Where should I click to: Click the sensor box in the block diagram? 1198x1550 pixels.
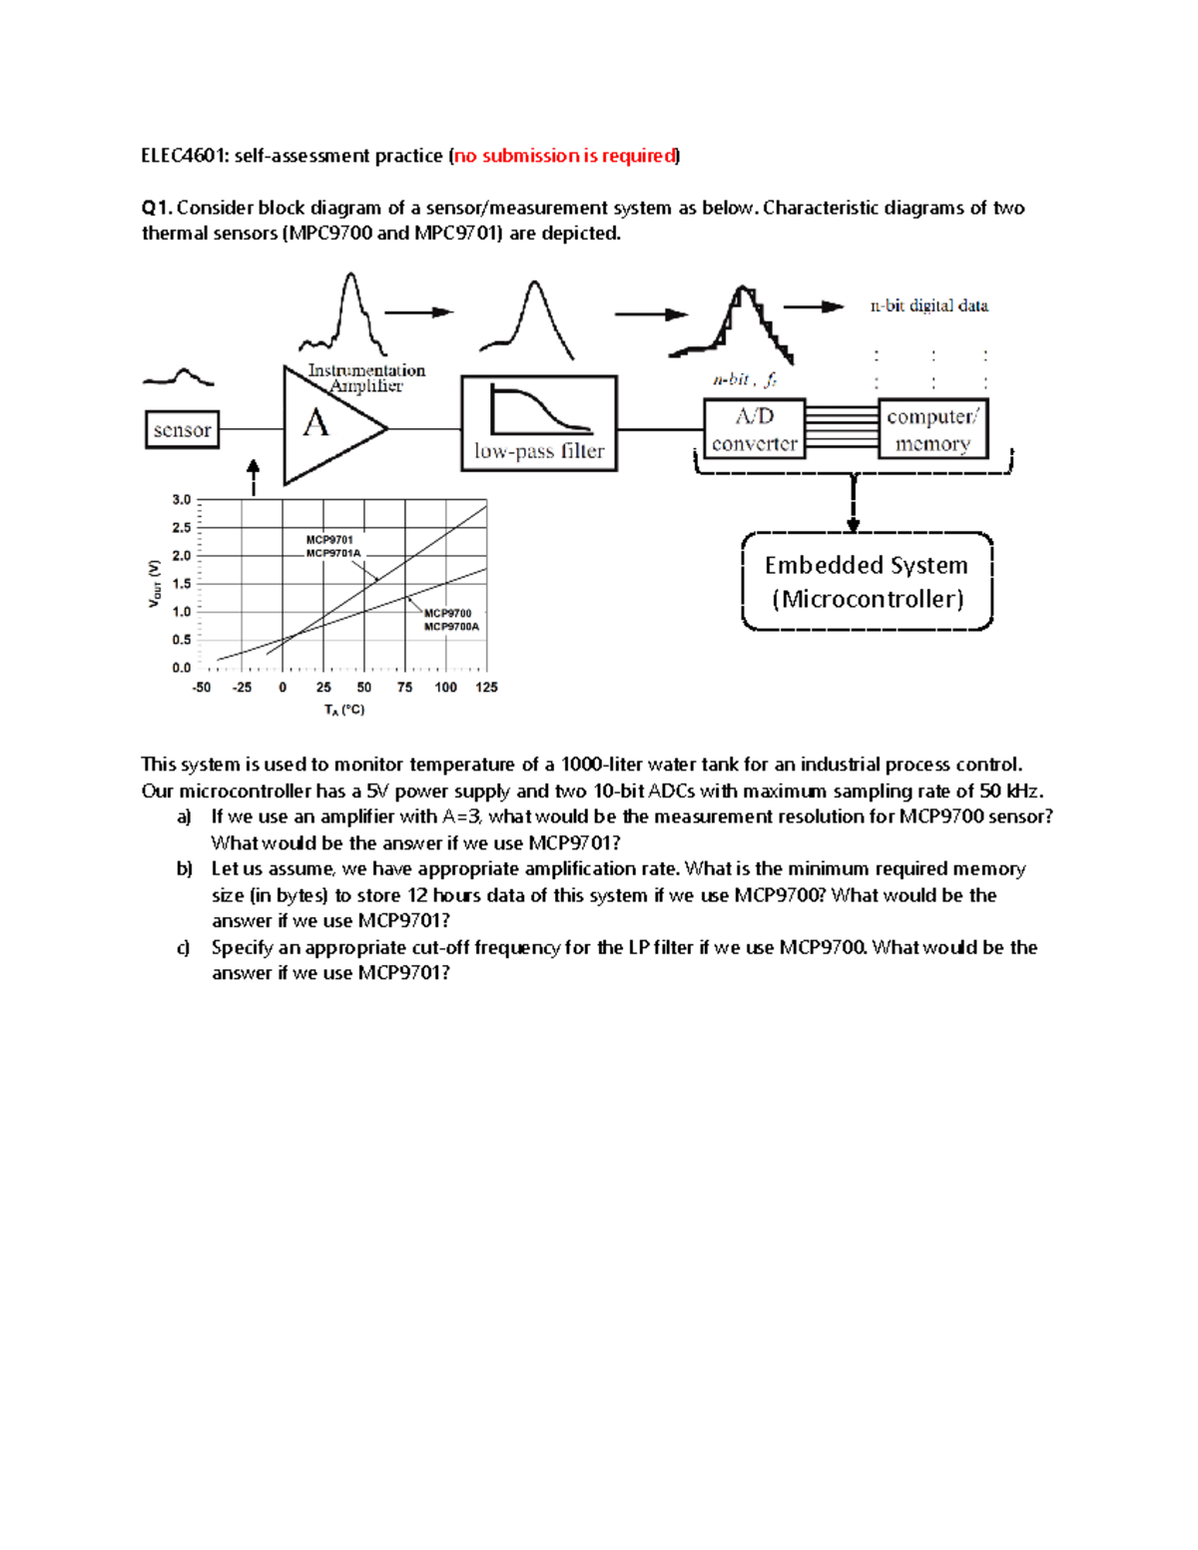tap(182, 430)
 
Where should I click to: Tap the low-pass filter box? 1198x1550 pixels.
tap(539, 423)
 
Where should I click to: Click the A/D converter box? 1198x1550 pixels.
tap(754, 430)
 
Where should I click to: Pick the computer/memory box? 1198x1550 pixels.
tap(932, 430)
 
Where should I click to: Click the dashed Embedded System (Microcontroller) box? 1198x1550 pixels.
tap(867, 582)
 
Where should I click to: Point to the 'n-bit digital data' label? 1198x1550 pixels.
tap(928, 306)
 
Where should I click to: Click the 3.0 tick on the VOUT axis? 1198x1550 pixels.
tap(181, 500)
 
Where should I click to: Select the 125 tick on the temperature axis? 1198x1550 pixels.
tap(486, 688)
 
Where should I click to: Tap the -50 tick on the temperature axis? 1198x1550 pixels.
tap(202, 688)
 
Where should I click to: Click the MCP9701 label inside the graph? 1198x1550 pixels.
tap(328, 540)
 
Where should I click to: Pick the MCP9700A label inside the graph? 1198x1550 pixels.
tap(451, 627)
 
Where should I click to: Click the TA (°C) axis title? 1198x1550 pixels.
tap(344, 710)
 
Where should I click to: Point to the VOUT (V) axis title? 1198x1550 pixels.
tap(154, 583)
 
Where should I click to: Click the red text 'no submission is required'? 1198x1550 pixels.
tap(565, 156)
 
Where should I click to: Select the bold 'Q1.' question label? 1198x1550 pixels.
tap(157, 208)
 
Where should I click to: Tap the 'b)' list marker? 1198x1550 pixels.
tap(185, 869)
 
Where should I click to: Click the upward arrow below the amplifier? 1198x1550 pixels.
tap(254, 477)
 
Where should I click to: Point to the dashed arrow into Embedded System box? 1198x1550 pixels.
tap(854, 504)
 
